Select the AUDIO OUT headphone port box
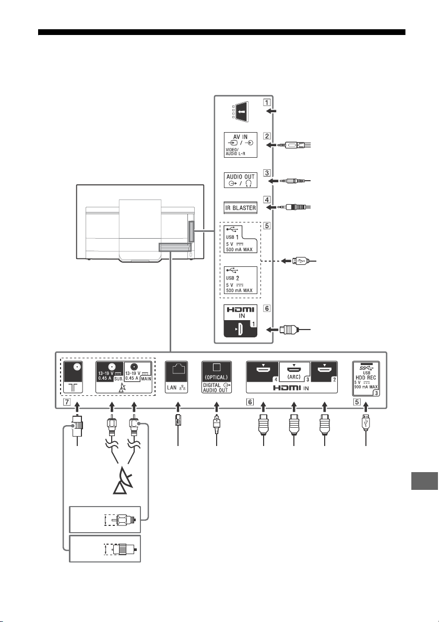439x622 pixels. [240, 180]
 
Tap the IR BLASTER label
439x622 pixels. [241, 207]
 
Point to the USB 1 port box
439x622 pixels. [240, 239]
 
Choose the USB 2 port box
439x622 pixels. [240, 280]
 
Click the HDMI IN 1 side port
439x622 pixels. [240, 321]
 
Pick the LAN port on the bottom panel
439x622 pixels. [176, 377]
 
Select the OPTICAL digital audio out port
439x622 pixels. [216, 377]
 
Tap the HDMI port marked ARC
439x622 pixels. [294, 372]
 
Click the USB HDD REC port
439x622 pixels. [365, 379]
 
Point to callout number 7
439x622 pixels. [67, 402]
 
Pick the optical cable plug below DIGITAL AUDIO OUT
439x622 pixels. [217, 424]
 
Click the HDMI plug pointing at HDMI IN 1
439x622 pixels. [287, 329]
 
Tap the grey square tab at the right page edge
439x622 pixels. [424, 481]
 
